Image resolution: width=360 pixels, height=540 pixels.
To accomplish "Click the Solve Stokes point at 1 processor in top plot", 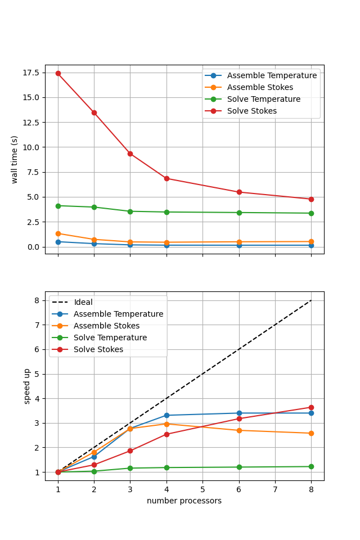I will [58, 73].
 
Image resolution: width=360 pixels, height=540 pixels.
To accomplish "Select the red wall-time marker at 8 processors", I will [311, 199].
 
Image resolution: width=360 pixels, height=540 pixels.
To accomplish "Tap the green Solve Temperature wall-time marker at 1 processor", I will [58, 206].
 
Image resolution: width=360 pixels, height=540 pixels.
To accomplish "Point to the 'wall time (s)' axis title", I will [15, 159].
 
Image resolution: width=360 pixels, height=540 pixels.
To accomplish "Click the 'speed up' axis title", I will [27, 386].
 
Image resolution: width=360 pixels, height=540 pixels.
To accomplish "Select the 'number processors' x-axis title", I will [184, 501].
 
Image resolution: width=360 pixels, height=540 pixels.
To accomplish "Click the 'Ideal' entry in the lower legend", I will [83, 302].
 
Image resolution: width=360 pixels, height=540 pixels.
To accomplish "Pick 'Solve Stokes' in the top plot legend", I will [251, 111].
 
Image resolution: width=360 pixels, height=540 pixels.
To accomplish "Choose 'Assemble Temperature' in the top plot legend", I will [271, 75].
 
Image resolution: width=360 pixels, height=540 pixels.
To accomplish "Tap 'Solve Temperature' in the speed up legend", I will [110, 337].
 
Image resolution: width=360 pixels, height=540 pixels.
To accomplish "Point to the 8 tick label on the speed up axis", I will [37, 300].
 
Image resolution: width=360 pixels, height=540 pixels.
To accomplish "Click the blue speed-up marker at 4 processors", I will [166, 415].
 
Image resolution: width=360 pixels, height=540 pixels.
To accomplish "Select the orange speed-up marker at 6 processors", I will [239, 430].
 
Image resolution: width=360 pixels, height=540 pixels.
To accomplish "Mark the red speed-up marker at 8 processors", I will [311, 407].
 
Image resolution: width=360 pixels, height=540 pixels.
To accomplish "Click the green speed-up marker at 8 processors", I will [311, 466].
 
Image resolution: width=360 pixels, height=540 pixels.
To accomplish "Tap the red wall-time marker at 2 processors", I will [94, 112].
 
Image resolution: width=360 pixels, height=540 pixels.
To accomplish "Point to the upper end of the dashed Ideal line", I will [311, 300].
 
